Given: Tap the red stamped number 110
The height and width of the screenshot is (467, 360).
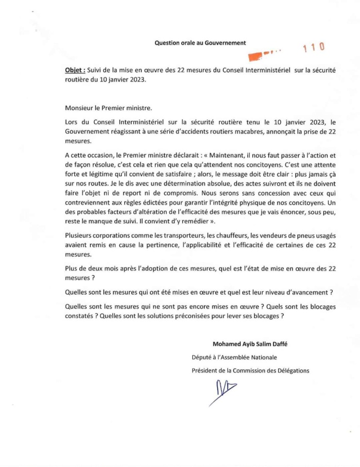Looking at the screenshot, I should click(314, 48).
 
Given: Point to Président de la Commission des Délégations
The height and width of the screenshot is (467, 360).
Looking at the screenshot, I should click(250, 370).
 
